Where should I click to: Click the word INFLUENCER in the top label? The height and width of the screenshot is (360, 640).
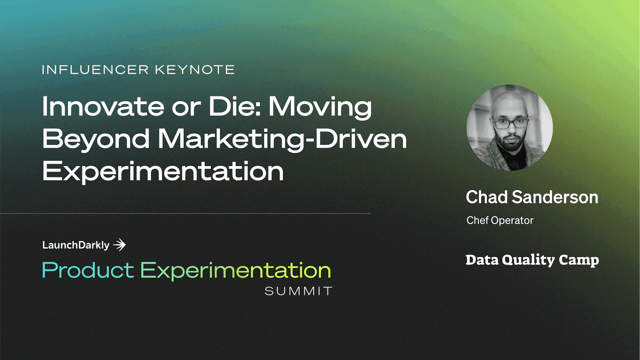pos(95,70)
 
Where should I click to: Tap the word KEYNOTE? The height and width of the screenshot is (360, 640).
pos(195,70)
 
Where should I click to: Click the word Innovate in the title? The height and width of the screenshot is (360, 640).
pos(103,107)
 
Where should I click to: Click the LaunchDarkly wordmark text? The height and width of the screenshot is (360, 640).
pos(76,245)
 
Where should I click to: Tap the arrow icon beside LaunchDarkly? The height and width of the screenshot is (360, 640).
pos(120,245)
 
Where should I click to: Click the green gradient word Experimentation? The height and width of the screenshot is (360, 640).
pos(236,271)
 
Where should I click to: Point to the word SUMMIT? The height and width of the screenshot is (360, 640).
pos(298,291)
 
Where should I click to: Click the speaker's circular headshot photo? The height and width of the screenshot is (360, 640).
pos(510,127)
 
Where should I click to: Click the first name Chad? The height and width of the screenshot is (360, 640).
pos(487,197)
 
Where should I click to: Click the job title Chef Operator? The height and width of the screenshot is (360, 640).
pos(500,220)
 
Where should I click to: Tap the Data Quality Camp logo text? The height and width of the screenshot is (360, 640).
pos(532,260)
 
